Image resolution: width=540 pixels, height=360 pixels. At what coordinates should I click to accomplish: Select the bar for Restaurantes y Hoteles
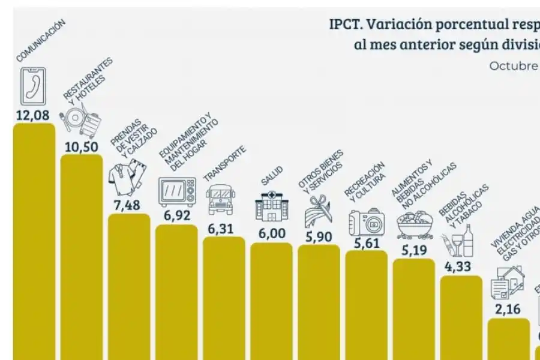82,258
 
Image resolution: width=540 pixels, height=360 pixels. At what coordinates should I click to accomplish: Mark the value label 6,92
176,216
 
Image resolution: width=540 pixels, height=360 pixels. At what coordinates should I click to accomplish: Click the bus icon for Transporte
223,199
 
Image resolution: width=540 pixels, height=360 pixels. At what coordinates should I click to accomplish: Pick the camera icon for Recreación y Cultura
366,221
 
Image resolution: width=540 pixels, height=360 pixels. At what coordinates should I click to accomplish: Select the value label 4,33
461,267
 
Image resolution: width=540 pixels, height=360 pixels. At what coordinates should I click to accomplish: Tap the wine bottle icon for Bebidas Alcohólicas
460,242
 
